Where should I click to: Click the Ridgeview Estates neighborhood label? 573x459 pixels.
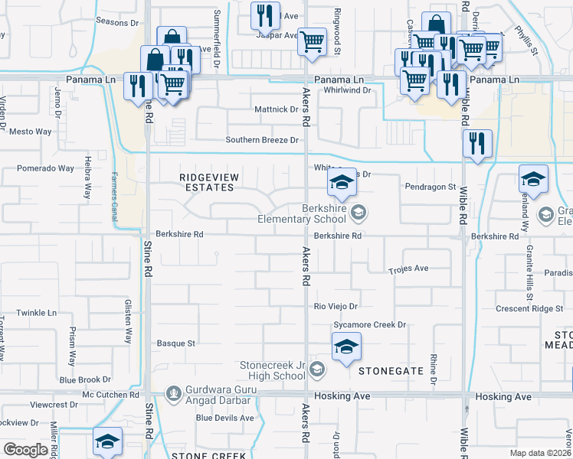(x=209, y=182)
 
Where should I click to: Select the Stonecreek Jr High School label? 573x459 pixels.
(x=273, y=371)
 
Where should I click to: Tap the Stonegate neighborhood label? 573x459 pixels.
(x=391, y=371)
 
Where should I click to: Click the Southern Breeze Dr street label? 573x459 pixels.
(x=261, y=140)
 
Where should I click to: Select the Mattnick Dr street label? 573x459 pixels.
(x=276, y=109)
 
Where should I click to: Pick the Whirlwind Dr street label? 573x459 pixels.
(x=347, y=90)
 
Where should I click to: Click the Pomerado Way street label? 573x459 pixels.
(x=45, y=168)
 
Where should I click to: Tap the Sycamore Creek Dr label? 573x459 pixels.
(x=368, y=325)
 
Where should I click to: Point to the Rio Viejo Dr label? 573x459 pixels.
(x=336, y=307)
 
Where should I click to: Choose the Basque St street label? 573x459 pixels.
(x=175, y=343)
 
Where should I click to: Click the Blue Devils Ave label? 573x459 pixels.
(x=224, y=418)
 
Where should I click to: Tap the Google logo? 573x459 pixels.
(x=26, y=450)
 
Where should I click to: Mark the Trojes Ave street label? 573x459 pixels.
(x=408, y=269)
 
